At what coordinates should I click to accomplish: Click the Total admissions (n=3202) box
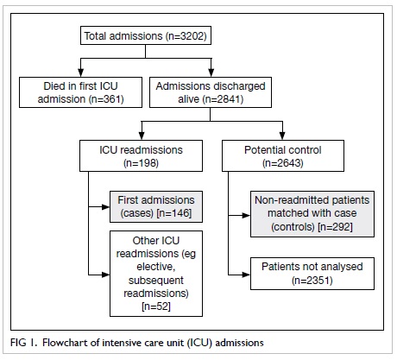(146, 35)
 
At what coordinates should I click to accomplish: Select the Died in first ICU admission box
(80, 92)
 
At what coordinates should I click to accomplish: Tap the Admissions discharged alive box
(211, 92)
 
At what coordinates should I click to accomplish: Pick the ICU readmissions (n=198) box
(141, 156)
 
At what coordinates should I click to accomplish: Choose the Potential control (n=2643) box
(283, 156)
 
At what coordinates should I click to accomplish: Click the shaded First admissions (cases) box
(156, 206)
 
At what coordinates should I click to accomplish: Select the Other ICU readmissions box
(156, 274)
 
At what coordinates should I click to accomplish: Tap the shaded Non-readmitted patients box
(312, 214)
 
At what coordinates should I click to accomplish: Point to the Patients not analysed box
(312, 274)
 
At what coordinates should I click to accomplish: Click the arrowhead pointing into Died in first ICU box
(81, 73)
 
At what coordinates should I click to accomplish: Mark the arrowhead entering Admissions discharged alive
(211, 73)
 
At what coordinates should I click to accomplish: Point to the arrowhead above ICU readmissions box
(142, 136)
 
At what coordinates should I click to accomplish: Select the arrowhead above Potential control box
(282, 136)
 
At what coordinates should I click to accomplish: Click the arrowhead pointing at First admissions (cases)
(106, 206)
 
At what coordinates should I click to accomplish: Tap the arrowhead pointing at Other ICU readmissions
(106, 275)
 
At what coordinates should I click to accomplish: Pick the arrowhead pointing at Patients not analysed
(246, 275)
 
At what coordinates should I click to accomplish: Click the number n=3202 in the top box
(186, 36)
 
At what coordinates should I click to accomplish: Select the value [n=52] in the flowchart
(156, 306)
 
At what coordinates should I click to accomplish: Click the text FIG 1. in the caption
(24, 343)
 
